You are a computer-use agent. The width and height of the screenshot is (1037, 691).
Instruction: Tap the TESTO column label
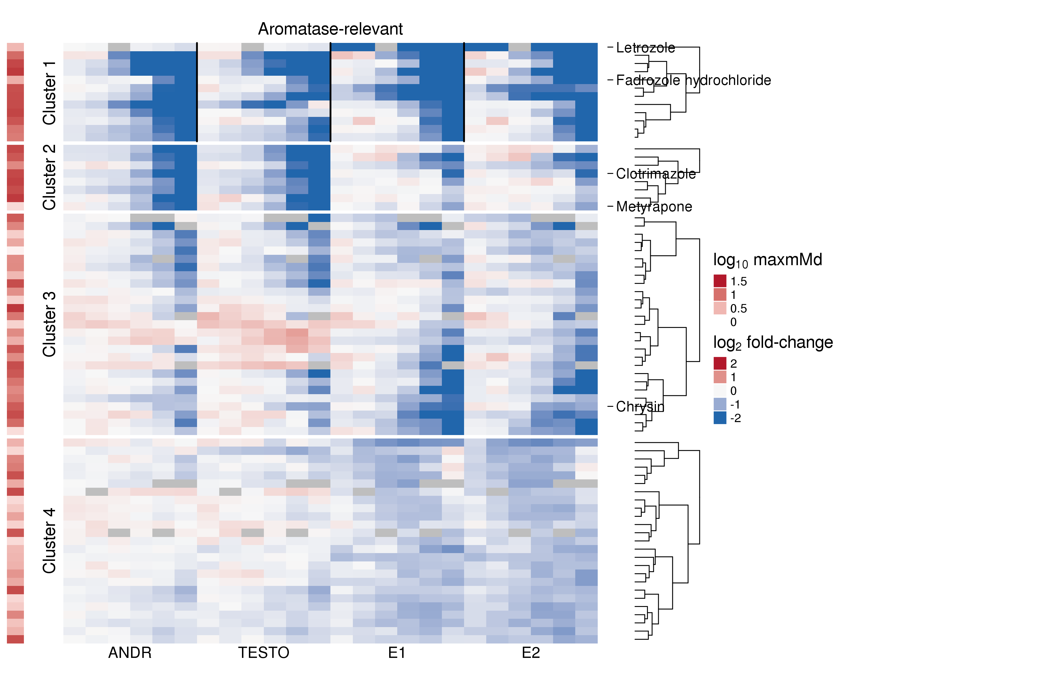[264, 653]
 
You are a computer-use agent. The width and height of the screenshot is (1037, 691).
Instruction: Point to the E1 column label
[397, 653]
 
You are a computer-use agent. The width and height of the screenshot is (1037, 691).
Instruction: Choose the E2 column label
[531, 653]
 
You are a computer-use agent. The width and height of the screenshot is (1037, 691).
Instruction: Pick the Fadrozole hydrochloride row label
[693, 80]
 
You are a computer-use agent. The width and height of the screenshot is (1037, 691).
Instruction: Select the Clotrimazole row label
[656, 174]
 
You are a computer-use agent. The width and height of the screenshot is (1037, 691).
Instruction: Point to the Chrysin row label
[640, 406]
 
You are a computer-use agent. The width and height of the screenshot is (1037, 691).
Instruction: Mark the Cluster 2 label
[49, 177]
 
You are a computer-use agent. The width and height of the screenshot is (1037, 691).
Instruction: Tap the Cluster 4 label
[49, 540]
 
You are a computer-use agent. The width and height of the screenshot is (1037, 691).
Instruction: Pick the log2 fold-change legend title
[773, 342]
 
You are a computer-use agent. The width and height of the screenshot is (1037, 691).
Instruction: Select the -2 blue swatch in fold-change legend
[720, 418]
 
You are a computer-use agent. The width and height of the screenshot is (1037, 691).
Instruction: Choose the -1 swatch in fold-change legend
[720, 404]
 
